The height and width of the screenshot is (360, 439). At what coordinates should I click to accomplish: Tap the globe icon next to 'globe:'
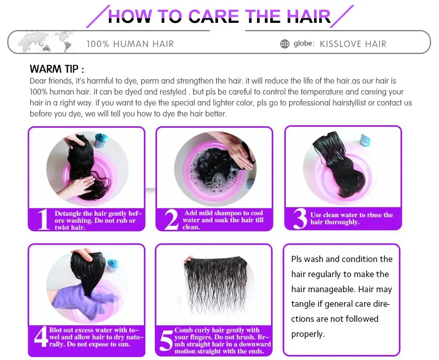[285, 44]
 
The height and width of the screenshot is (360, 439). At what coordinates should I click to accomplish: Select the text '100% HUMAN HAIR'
[130, 44]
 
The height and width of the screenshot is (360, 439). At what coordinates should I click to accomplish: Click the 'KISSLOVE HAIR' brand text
[353, 44]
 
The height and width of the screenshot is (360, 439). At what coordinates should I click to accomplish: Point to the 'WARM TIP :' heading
[57, 69]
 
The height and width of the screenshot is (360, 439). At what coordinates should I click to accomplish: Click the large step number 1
[43, 220]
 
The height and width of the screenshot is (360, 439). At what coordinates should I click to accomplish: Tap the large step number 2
[171, 220]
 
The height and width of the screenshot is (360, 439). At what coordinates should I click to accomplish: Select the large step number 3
[300, 219]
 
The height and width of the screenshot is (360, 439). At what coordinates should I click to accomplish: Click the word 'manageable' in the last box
[333, 289]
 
